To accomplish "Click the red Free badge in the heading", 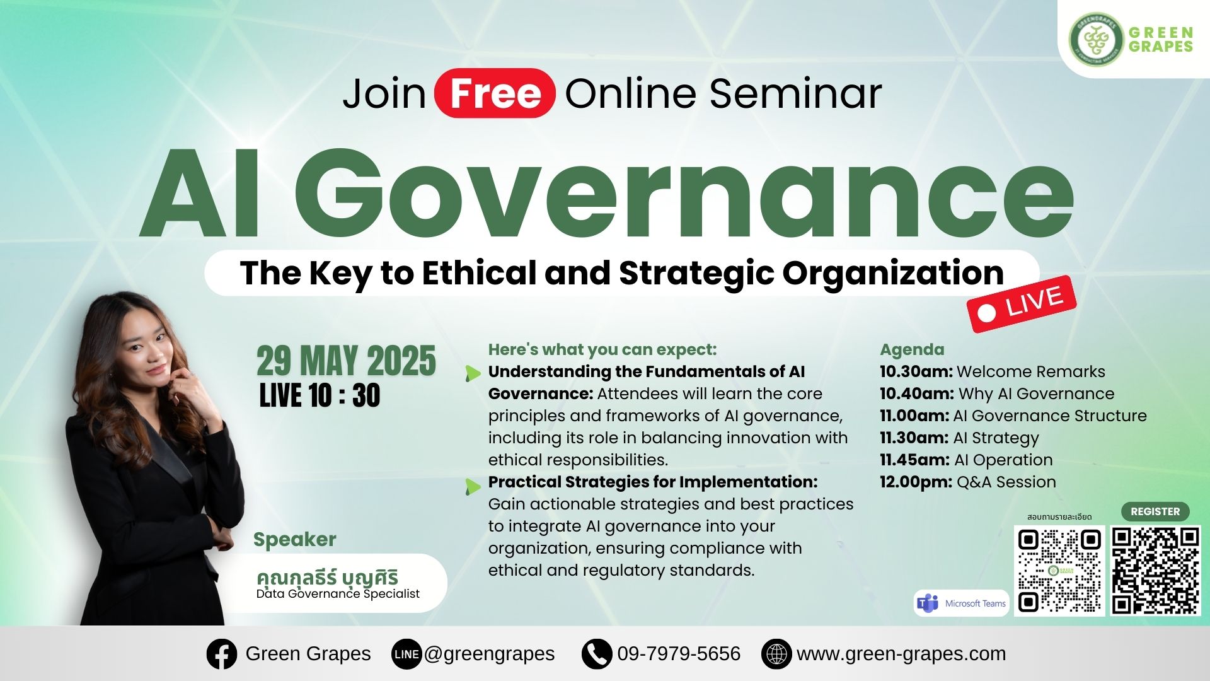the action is (495, 93).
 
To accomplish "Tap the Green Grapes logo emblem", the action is (1096, 38).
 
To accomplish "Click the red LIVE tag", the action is (1021, 304).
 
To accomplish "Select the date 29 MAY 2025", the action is (346, 361).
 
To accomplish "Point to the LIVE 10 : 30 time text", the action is (320, 395).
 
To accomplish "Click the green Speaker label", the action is (294, 540).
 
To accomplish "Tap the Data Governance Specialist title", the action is (338, 593).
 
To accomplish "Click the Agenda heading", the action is (912, 350).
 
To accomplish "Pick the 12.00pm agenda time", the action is (916, 482).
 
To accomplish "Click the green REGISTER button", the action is (1155, 511).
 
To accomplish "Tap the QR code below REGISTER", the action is (1155, 571).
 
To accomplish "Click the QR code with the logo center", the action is (1060, 571).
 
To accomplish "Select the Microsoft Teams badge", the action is (961, 603).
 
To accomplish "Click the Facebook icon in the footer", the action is (222, 654).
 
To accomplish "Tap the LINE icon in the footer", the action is (406, 654).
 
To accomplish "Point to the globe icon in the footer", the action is (776, 654).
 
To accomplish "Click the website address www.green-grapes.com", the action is (901, 654).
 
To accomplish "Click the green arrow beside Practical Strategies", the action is (473, 486).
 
